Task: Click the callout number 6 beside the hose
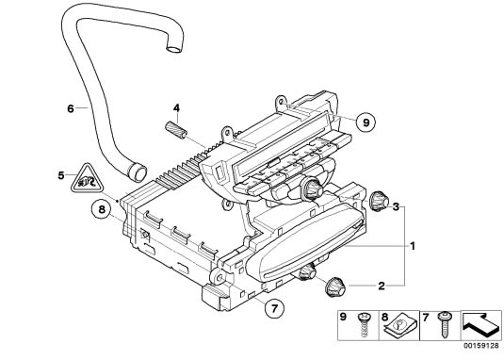coord(71,108)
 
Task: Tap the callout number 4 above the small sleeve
coord(176,108)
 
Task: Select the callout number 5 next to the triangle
coord(61,176)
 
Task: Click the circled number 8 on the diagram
coord(102,209)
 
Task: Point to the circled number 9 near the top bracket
coord(366,123)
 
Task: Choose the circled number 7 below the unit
coord(274,308)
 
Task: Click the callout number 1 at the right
coord(413,246)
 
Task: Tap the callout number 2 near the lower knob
coord(382,286)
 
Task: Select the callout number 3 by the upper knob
coord(396,206)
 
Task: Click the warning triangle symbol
coord(87,180)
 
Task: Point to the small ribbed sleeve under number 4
coord(176,129)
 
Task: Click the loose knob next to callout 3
coord(379,202)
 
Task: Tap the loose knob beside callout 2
coord(335,286)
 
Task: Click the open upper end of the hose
coord(174,50)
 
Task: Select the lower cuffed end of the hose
coord(138,172)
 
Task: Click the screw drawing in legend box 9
coord(364,325)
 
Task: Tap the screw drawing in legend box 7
coord(445,325)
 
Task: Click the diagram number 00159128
coord(481,346)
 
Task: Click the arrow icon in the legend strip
coord(481,325)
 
